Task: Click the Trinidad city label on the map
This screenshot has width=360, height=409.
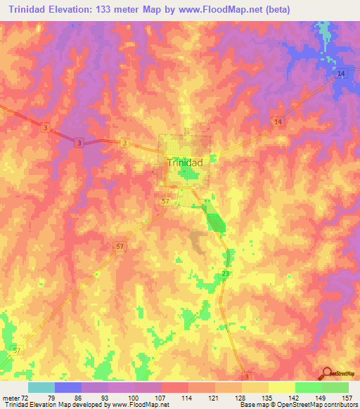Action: click(185, 162)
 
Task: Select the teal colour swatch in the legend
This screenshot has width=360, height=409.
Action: click(41, 387)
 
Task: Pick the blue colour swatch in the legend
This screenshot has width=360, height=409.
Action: click(68, 387)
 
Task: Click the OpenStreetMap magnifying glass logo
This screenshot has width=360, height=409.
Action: click(327, 372)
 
